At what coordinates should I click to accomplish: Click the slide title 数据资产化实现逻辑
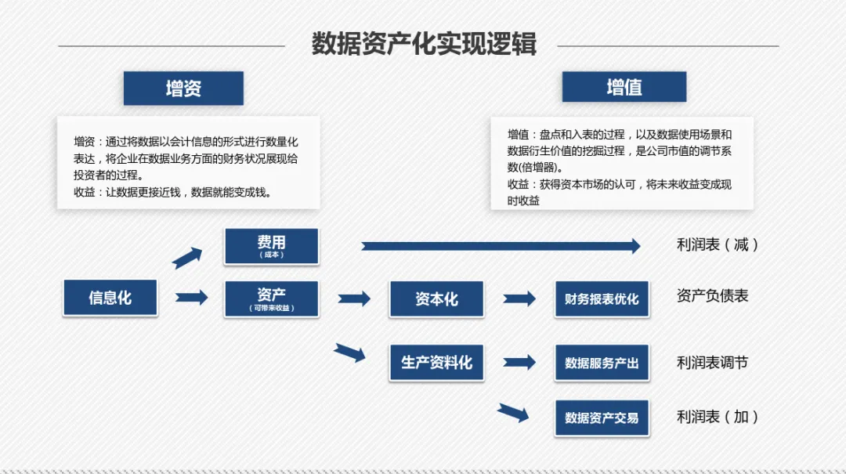pyautogui.click(x=424, y=44)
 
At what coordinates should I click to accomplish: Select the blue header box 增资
pyautogui.click(x=183, y=88)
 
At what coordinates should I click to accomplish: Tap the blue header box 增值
pyautogui.click(x=624, y=87)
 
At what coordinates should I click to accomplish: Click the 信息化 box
pyautogui.click(x=110, y=298)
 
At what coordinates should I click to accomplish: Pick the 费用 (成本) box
pyautogui.click(x=271, y=246)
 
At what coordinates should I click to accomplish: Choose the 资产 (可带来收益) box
pyautogui.click(x=271, y=299)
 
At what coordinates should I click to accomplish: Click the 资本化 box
pyautogui.click(x=436, y=299)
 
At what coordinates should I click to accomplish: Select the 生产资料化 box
pyautogui.click(x=436, y=363)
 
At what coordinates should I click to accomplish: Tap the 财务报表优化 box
pyautogui.click(x=602, y=299)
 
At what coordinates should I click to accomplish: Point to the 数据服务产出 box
pyautogui.click(x=602, y=363)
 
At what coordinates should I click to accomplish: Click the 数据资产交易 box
pyautogui.click(x=602, y=418)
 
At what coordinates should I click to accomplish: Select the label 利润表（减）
pyautogui.click(x=718, y=244)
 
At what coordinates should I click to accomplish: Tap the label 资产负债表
pyautogui.click(x=712, y=296)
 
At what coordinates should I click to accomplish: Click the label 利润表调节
pyautogui.click(x=712, y=362)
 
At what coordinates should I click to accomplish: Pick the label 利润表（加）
pyautogui.click(x=718, y=417)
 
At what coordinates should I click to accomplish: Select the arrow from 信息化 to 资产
pyautogui.click(x=192, y=298)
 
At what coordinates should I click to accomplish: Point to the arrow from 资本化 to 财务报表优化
pyautogui.click(x=519, y=299)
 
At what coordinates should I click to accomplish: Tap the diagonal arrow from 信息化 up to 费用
pyautogui.click(x=187, y=258)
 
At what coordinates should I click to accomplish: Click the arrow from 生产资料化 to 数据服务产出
pyautogui.click(x=519, y=363)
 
